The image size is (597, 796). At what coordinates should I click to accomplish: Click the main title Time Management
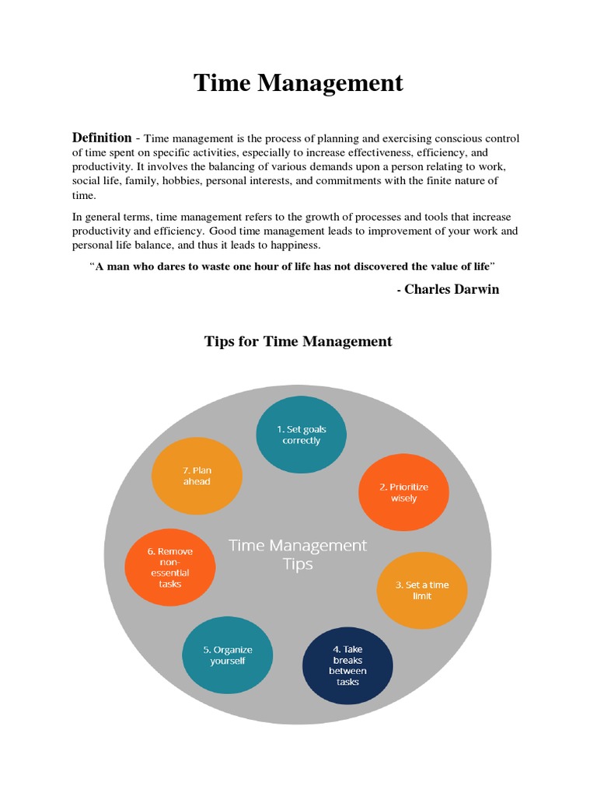click(298, 82)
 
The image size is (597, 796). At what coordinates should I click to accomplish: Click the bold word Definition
click(102, 138)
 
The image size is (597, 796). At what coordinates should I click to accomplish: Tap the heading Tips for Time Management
click(298, 341)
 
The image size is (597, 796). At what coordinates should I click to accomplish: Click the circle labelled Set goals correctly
click(302, 435)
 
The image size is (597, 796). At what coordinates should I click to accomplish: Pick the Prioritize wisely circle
click(403, 492)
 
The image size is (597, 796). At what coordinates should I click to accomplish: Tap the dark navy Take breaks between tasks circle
click(347, 665)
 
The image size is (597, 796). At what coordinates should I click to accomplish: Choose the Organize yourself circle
click(228, 655)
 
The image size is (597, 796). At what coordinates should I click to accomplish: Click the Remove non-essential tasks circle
click(169, 567)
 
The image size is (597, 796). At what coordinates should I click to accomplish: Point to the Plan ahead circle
click(197, 476)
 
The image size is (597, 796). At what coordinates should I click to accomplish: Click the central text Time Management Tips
click(298, 554)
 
